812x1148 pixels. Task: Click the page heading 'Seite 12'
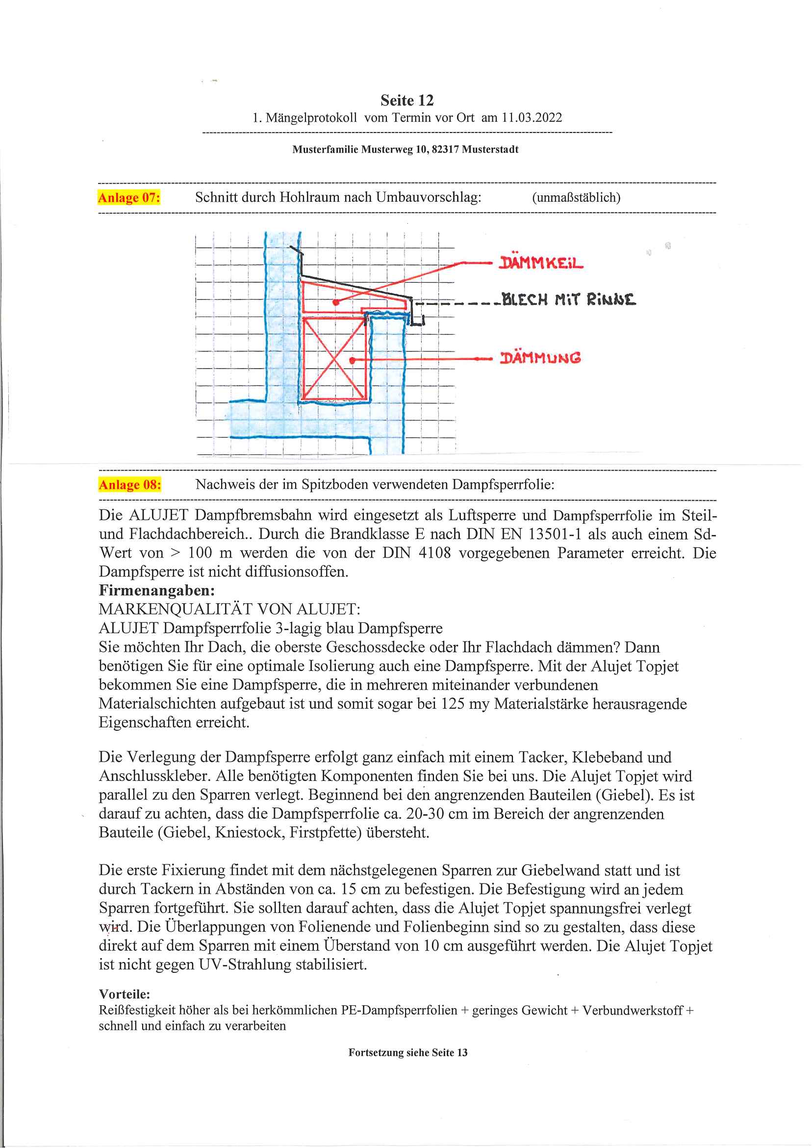pyautogui.click(x=406, y=101)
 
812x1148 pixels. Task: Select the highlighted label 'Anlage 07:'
pyautogui.click(x=129, y=198)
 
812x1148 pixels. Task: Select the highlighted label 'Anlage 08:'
pyautogui.click(x=129, y=485)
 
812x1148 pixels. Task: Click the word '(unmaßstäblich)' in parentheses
pyautogui.click(x=576, y=198)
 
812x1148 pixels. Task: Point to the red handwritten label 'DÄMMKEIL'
pyautogui.click(x=541, y=263)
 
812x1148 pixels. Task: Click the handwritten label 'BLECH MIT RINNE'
pyautogui.click(x=568, y=300)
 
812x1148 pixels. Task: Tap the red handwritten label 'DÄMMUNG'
pyautogui.click(x=540, y=358)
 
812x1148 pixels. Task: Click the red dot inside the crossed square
pyautogui.click(x=353, y=360)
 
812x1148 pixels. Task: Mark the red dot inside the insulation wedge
pyautogui.click(x=336, y=302)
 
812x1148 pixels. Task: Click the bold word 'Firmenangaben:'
pyautogui.click(x=156, y=590)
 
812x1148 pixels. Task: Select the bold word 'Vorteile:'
pyautogui.click(x=125, y=994)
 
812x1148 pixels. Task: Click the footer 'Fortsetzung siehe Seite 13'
pyautogui.click(x=407, y=1052)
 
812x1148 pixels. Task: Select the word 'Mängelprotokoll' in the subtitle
pyautogui.click(x=311, y=118)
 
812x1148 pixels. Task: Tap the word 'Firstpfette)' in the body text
pyautogui.click(x=325, y=833)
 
